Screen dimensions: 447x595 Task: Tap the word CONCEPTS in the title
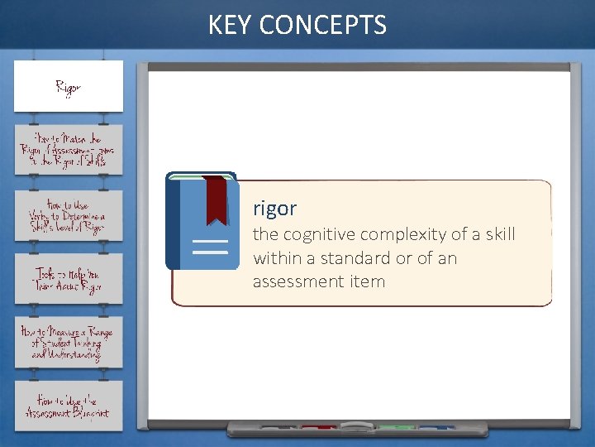[322, 26]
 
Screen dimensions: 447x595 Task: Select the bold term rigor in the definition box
[274, 208]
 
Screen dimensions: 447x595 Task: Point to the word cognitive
[316, 234]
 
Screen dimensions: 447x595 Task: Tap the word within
[277, 257]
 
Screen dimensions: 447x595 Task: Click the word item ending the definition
[368, 281]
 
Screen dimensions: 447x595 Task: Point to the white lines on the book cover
[210, 247]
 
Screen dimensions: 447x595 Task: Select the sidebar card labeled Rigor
[69, 86]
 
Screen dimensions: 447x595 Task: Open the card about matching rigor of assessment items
[69, 150]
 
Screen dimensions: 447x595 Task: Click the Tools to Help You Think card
[69, 279]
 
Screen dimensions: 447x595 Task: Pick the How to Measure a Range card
[69, 342]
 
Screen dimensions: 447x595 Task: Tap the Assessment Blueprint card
[69, 406]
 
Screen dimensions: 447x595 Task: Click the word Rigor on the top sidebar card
[68, 87]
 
